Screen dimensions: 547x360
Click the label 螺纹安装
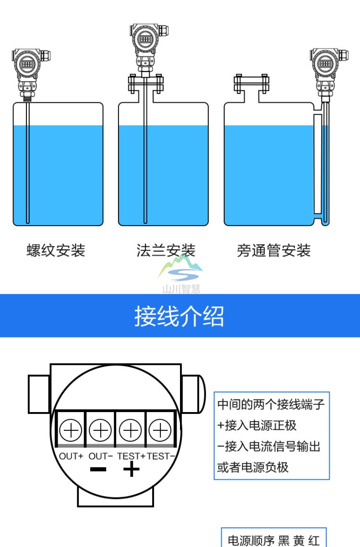(x=56, y=250)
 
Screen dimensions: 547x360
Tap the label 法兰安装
(x=166, y=250)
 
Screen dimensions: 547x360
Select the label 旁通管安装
(x=274, y=250)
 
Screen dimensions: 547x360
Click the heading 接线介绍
(x=179, y=316)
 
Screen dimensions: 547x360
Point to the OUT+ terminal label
(x=71, y=456)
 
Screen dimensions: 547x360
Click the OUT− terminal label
(x=101, y=456)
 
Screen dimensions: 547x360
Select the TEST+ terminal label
(x=131, y=456)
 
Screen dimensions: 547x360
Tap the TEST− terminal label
(x=160, y=456)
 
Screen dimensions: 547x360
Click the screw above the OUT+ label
(x=71, y=429)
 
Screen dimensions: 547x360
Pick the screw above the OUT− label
(x=100, y=429)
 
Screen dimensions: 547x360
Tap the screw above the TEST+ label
(x=130, y=429)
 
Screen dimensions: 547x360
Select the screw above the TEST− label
(x=160, y=429)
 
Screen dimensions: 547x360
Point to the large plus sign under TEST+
(x=131, y=469)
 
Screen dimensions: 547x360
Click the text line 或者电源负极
(x=253, y=467)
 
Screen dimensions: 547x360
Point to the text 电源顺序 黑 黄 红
(x=273, y=540)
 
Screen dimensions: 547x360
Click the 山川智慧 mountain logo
(x=181, y=271)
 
